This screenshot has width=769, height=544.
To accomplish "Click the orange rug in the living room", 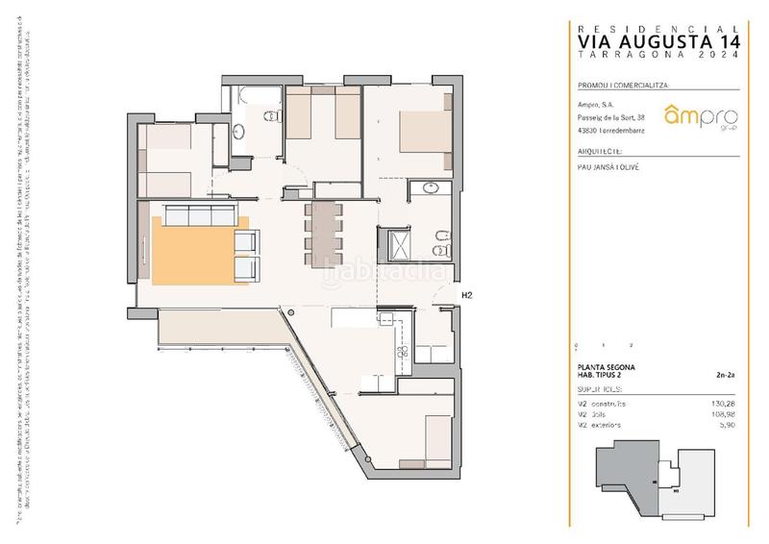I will [x=197, y=252].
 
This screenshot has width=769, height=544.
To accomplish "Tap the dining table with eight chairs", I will [x=323, y=229].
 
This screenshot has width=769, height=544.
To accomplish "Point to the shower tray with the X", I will [x=396, y=244].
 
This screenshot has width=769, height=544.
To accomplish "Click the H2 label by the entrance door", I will [x=468, y=296].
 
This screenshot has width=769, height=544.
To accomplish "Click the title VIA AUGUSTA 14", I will [x=659, y=41].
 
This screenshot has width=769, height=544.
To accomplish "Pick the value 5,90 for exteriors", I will [x=731, y=424].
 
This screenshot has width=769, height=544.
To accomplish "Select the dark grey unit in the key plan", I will [x=625, y=473].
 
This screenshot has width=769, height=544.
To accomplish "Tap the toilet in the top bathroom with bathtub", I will [x=271, y=118].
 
